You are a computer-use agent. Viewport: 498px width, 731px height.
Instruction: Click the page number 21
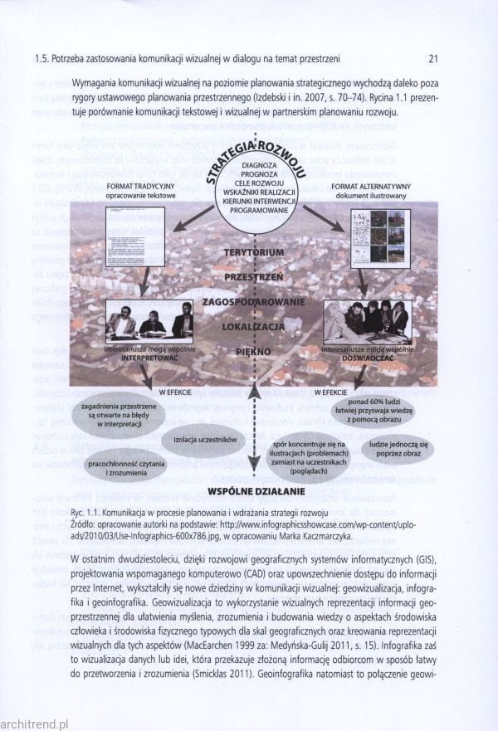pyautogui.click(x=432, y=59)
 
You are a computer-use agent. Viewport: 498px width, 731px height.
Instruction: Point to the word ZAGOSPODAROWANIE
pyautogui.click(x=255, y=302)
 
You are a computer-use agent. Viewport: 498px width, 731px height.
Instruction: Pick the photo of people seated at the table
pyautogui.click(x=150, y=322)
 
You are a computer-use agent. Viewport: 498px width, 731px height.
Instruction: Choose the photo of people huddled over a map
pyautogui.click(x=367, y=322)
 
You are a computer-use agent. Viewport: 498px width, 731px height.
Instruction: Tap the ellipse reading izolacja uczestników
pyautogui.click(x=203, y=439)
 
